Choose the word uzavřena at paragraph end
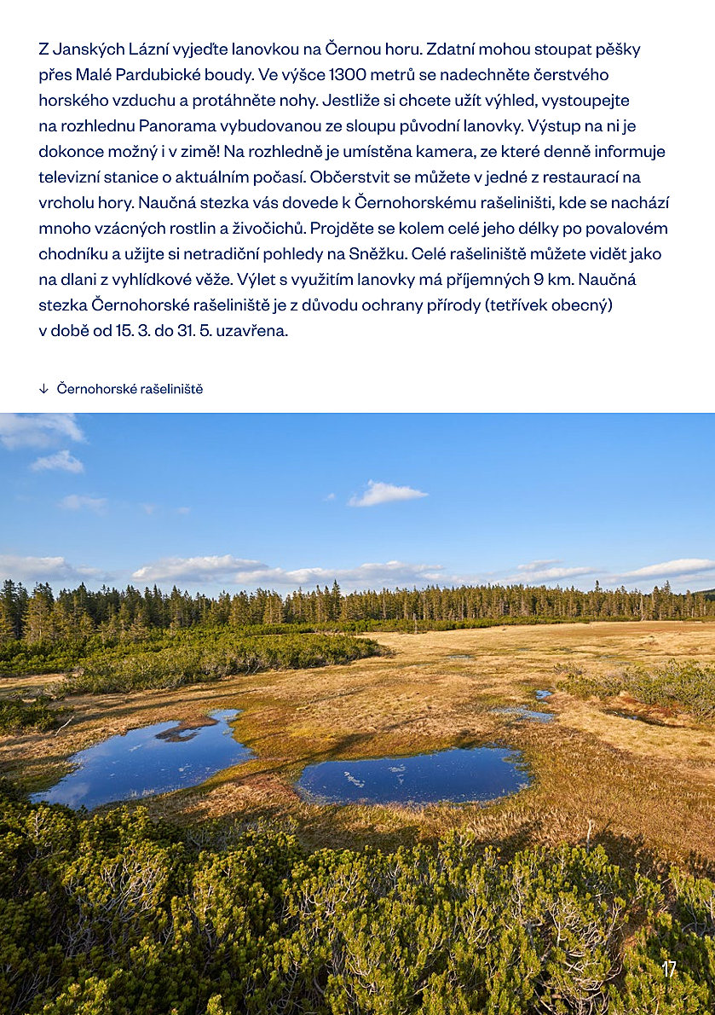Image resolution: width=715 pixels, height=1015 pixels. (257, 331)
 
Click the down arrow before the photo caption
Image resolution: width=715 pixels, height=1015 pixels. (43, 389)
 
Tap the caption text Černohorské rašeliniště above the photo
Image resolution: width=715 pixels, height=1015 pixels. (130, 389)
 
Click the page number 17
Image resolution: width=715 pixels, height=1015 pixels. (669, 969)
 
